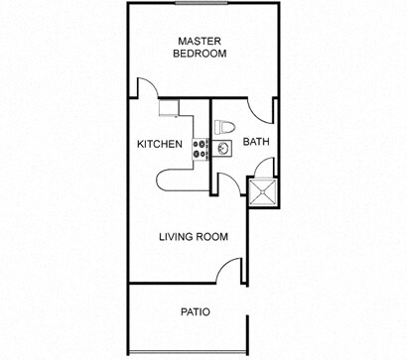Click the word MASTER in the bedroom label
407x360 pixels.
point(200,41)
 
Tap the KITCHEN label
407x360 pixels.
point(159,144)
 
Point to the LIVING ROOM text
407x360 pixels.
point(195,237)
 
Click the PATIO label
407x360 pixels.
point(195,311)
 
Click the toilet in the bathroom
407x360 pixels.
point(224,127)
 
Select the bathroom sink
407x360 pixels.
point(223,149)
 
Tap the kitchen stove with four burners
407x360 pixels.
point(199,148)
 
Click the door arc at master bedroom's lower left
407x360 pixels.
point(147,90)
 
